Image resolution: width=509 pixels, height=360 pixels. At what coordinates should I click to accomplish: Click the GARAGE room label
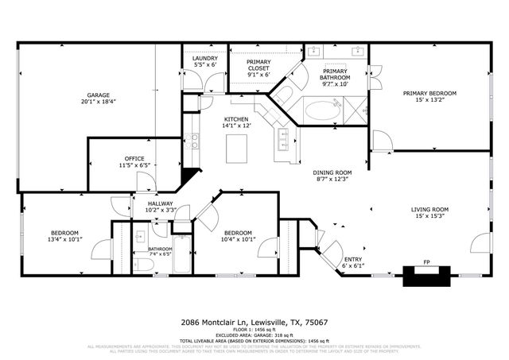point(98,94)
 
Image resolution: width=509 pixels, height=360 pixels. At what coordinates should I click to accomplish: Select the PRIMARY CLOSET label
point(258,65)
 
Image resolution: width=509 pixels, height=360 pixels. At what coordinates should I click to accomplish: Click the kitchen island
point(236,148)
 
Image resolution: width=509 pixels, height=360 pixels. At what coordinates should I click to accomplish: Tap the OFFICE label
point(134,159)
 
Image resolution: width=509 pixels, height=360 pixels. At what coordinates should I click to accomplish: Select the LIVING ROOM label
point(429,210)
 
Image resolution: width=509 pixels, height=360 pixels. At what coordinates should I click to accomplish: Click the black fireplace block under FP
point(427,276)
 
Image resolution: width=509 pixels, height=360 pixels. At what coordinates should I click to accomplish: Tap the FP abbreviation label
point(426,261)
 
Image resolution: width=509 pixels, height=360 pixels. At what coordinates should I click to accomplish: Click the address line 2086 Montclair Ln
point(254,323)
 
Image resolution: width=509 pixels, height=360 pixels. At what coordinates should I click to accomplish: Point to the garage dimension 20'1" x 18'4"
point(98,101)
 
